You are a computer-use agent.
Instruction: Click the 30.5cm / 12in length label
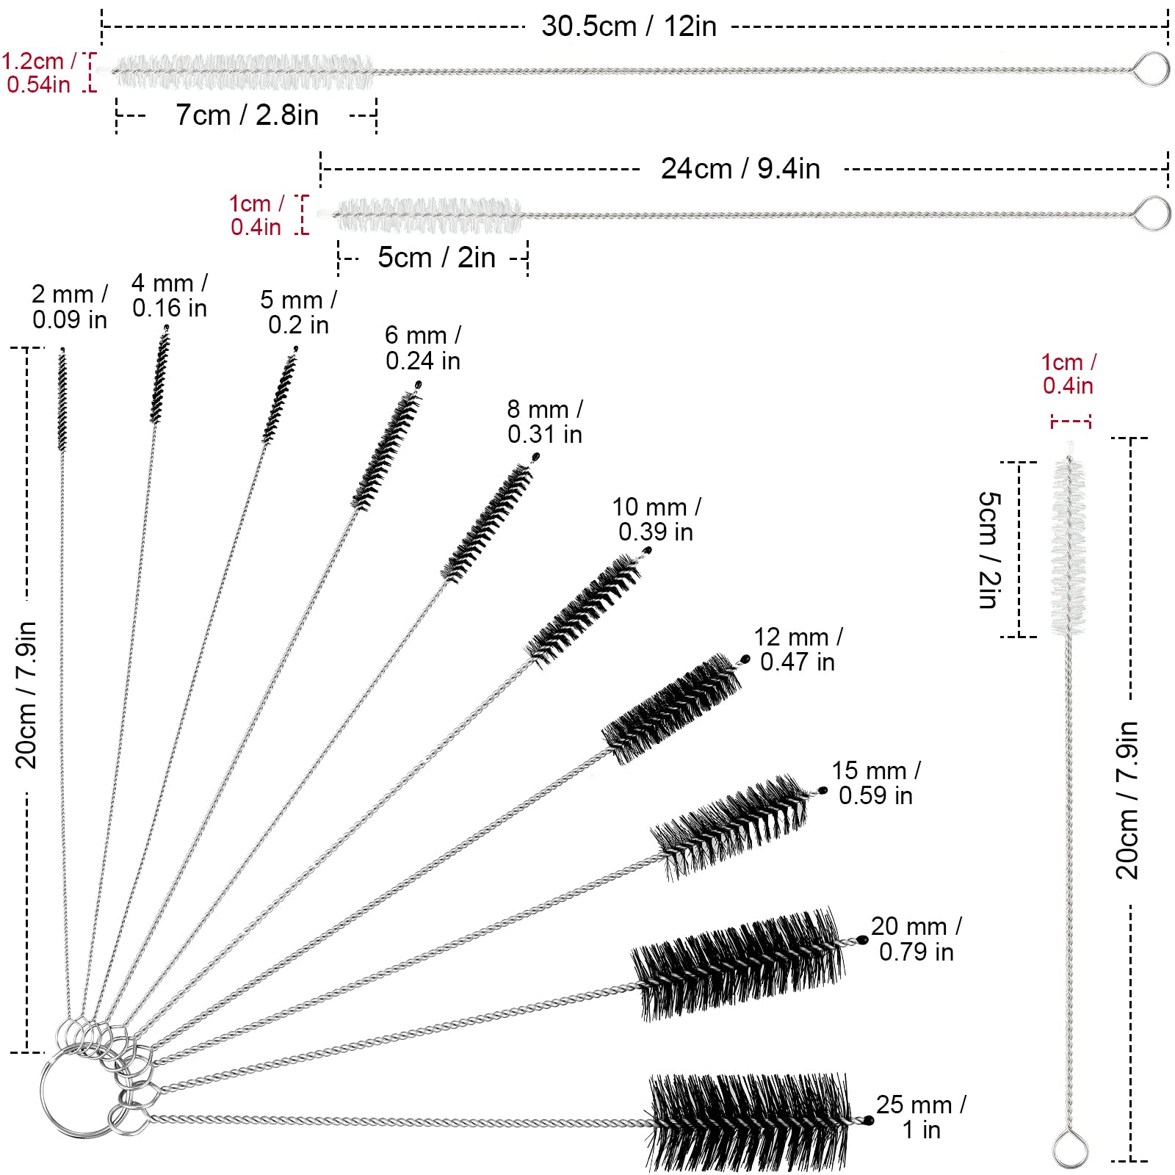tap(629, 26)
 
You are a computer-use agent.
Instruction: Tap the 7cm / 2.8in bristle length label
tap(247, 115)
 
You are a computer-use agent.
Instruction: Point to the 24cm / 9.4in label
tap(740, 169)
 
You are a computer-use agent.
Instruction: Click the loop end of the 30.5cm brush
tap(1150, 69)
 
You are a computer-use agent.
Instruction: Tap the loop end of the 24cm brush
tap(1151, 213)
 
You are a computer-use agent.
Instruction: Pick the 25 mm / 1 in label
tap(921, 1116)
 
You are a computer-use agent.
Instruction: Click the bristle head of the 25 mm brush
tap(749, 1122)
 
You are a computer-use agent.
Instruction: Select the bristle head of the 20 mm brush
tap(738, 963)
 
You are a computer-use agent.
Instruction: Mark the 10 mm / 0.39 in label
tap(656, 519)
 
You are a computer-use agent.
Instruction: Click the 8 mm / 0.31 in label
tap(545, 422)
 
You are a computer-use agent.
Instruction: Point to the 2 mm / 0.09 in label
tap(70, 307)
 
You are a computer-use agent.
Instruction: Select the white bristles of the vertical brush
tap(1069, 547)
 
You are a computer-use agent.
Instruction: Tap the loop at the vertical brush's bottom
tap(1070, 1149)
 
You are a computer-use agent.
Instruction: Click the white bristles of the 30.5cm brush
tap(242, 72)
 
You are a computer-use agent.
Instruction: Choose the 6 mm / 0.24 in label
tap(423, 348)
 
